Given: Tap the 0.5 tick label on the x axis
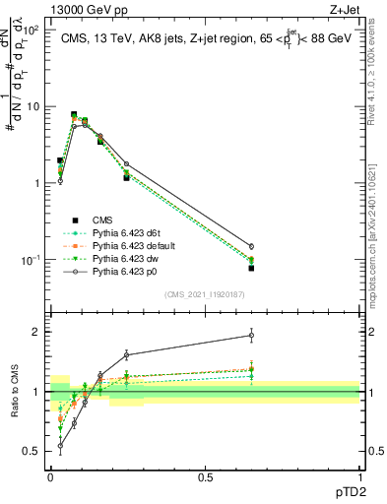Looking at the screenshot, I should pos(205,477).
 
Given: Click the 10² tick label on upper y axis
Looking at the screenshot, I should pos(31,30).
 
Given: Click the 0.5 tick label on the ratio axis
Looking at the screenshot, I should pos(32,452).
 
